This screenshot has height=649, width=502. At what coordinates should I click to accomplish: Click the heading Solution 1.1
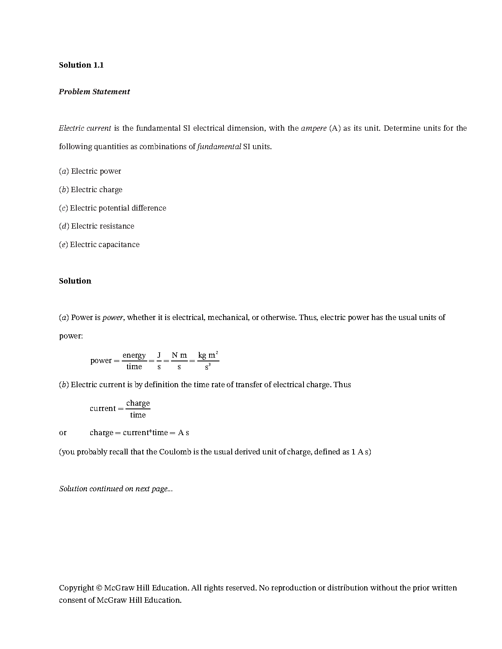click(x=81, y=65)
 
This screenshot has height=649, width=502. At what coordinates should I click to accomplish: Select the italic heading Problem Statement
click(x=94, y=92)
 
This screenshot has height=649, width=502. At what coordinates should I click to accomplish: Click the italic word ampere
click(x=313, y=128)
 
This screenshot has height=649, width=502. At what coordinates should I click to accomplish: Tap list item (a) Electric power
click(x=90, y=171)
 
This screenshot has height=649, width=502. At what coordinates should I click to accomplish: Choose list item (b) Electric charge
click(x=91, y=190)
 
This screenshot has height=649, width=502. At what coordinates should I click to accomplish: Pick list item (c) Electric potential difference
click(x=113, y=208)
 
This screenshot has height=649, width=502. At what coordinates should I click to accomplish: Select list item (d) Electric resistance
click(x=97, y=226)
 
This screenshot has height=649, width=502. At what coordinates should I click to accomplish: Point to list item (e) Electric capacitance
click(x=99, y=245)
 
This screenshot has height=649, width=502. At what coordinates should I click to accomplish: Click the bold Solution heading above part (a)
click(x=75, y=281)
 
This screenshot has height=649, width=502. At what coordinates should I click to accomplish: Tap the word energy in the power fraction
click(x=134, y=355)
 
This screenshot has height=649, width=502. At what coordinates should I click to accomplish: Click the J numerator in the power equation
click(x=159, y=355)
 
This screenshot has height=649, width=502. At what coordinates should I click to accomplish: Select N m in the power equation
click(x=179, y=355)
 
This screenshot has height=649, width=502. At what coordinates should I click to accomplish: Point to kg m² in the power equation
click(x=208, y=355)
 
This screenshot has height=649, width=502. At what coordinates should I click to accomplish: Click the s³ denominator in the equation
click(x=208, y=367)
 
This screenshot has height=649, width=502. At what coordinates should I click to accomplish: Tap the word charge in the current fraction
click(x=138, y=403)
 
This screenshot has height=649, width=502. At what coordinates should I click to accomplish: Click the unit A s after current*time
click(x=183, y=433)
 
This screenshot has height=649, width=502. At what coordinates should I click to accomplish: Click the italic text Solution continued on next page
click(x=116, y=489)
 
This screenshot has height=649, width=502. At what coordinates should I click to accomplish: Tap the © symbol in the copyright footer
click(x=99, y=588)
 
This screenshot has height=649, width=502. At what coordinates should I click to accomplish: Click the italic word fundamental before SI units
click(x=219, y=147)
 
